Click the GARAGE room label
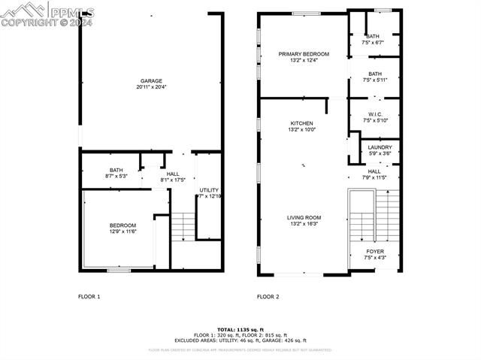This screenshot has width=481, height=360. (151, 81)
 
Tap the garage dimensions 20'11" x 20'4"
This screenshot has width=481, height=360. (151, 88)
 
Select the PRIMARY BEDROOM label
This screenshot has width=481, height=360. (304, 54)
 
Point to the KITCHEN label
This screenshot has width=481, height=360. (302, 123)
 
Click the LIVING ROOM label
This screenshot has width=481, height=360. (304, 218)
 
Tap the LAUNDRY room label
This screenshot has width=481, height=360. (380, 147)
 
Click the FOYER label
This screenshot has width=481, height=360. (374, 252)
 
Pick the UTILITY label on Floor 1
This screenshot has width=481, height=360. (209, 190)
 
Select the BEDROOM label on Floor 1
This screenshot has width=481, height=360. (123, 225)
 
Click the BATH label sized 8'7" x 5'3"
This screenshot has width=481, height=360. (116, 170)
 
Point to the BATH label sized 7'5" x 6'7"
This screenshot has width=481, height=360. (373, 36)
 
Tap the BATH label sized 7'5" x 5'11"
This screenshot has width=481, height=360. (374, 74)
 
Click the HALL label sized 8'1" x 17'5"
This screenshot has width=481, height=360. (173, 174)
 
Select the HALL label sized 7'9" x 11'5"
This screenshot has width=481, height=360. (374, 171)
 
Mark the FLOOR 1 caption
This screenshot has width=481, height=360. (89, 297)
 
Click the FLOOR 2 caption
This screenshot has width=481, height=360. (268, 297)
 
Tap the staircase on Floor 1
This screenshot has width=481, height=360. (183, 226)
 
